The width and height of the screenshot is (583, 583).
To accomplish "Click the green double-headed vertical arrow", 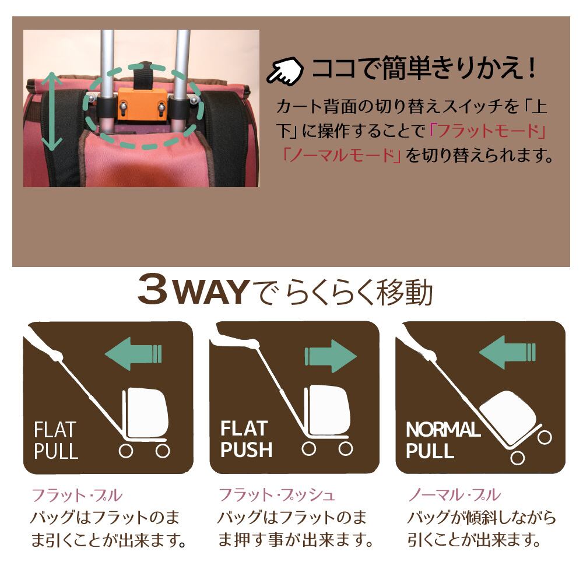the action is pos(52,111).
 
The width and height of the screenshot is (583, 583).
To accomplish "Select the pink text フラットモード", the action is pos(487,131).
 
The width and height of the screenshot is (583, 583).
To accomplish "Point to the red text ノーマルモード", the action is pos(341,156).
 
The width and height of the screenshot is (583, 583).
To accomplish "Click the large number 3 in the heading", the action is pos(153,289).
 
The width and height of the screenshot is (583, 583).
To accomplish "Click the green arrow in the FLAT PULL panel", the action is pos(134,354).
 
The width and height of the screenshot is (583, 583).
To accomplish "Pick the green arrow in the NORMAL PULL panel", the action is pos(508,352).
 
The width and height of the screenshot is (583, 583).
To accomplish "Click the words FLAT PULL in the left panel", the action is pos(56,440).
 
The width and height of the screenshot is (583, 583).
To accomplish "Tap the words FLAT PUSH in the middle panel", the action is pos(246,439).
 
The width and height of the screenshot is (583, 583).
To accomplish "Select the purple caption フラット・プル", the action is pos(77,495).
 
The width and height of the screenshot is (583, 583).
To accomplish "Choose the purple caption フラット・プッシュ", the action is pos(277,495).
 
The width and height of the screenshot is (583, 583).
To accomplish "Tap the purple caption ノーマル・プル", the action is pos(455,495).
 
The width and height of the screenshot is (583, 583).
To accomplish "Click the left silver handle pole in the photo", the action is pos(107,80).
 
